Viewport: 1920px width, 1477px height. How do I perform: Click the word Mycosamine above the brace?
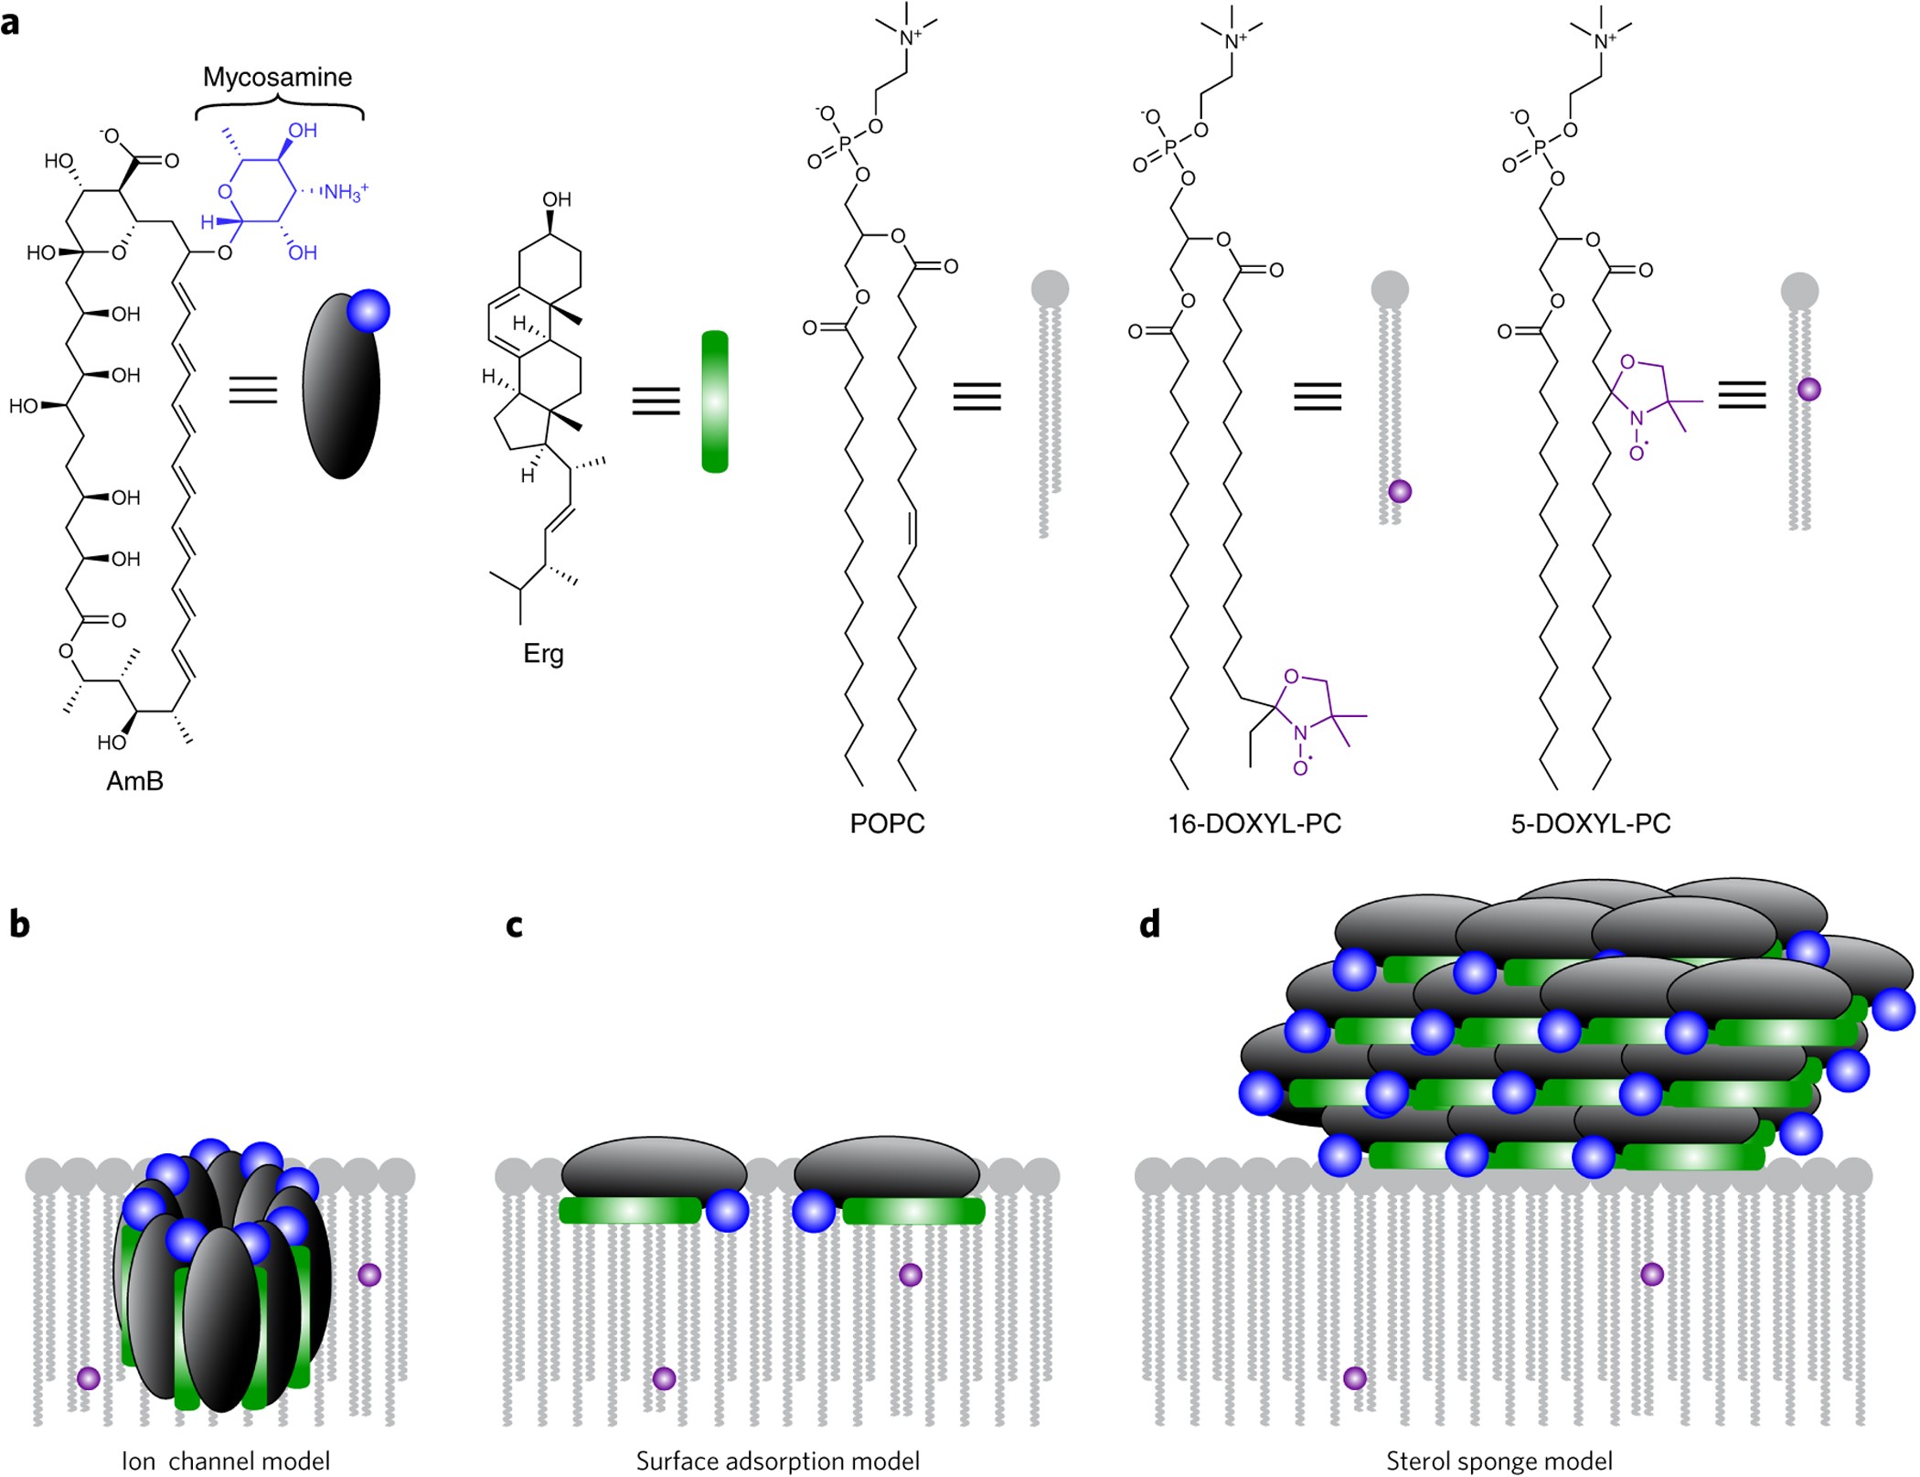pyautogui.click(x=277, y=77)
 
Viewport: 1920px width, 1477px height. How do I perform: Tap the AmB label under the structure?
pyautogui.click(x=134, y=781)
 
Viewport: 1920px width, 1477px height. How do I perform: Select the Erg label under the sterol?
pyautogui.click(x=543, y=654)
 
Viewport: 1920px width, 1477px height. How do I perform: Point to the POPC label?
pyautogui.click(x=887, y=823)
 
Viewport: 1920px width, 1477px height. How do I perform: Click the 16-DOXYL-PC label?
pyautogui.click(x=1254, y=823)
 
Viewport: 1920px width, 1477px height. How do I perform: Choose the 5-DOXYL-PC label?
pyautogui.click(x=1591, y=823)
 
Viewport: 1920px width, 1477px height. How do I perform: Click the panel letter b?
pyautogui.click(x=19, y=925)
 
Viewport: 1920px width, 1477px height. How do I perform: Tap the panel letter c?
pyautogui.click(x=514, y=926)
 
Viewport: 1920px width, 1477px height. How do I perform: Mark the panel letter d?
pyautogui.click(x=1149, y=925)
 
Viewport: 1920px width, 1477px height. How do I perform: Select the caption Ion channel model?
pyautogui.click(x=226, y=1461)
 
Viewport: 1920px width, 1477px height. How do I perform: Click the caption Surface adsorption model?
pyautogui.click(x=778, y=1461)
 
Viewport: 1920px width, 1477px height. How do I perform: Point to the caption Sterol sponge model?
pyautogui.click(x=1499, y=1461)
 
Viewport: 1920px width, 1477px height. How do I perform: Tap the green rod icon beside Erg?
pyautogui.click(x=715, y=401)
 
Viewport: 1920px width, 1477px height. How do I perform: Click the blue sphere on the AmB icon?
pyautogui.click(x=368, y=312)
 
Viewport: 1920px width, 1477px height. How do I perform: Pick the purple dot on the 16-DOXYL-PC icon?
pyautogui.click(x=1399, y=491)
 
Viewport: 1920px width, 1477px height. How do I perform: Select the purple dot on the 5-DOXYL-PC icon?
pyautogui.click(x=1808, y=390)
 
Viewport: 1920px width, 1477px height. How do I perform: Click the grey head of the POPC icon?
pyautogui.click(x=1050, y=287)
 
